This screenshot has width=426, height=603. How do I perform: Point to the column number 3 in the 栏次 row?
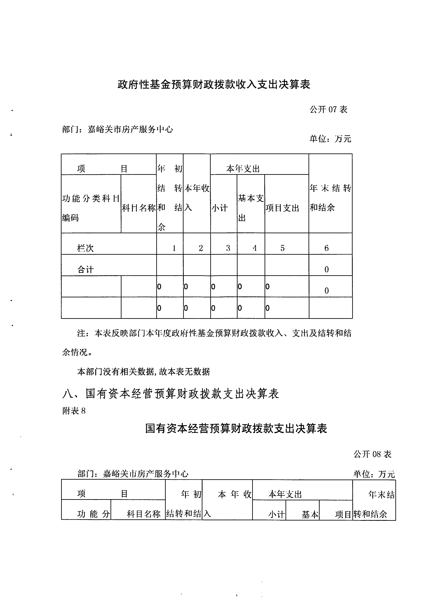coord(228,248)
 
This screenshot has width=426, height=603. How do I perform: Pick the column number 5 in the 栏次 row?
coord(282,248)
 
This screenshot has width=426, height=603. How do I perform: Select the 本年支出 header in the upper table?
coord(243,169)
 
